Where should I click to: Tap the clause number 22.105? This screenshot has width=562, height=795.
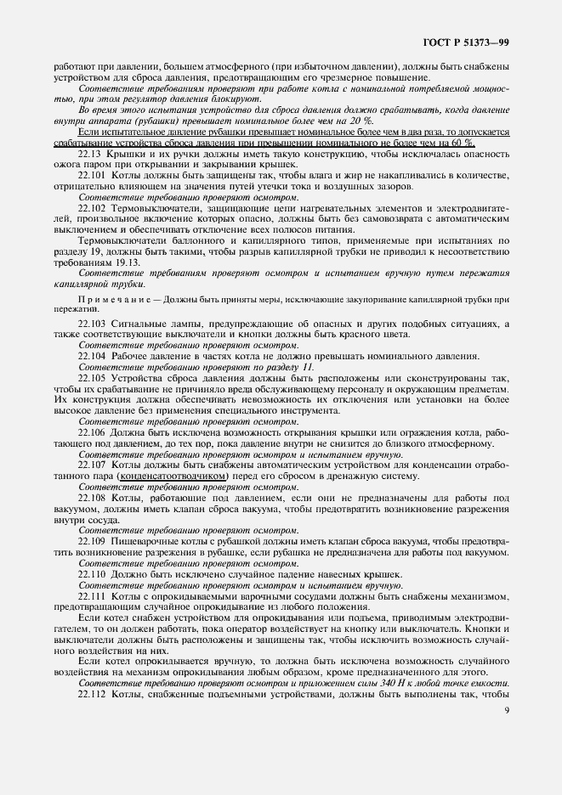(x=93, y=378)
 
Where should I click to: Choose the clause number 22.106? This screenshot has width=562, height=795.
(x=93, y=433)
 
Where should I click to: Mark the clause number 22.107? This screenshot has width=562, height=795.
(x=93, y=466)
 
